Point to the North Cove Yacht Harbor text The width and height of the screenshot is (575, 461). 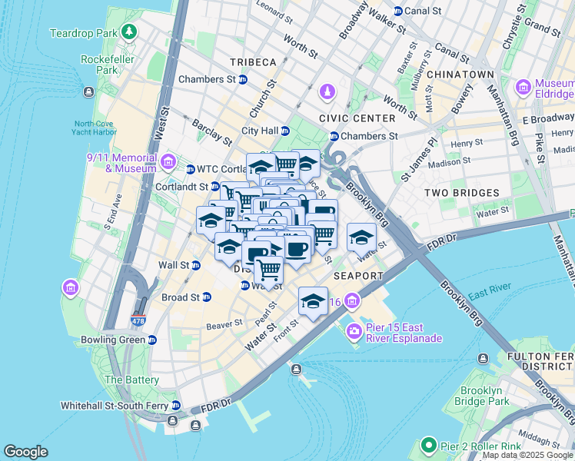tap(95, 128)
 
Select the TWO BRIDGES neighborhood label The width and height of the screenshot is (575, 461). tap(465, 193)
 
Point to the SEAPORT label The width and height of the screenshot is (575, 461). tap(358, 275)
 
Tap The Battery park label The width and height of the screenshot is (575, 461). tap(131, 380)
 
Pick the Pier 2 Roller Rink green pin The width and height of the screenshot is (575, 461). tap(428, 446)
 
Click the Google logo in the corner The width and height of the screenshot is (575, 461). tap(26, 452)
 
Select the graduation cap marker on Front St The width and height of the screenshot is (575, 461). tap(313, 301)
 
